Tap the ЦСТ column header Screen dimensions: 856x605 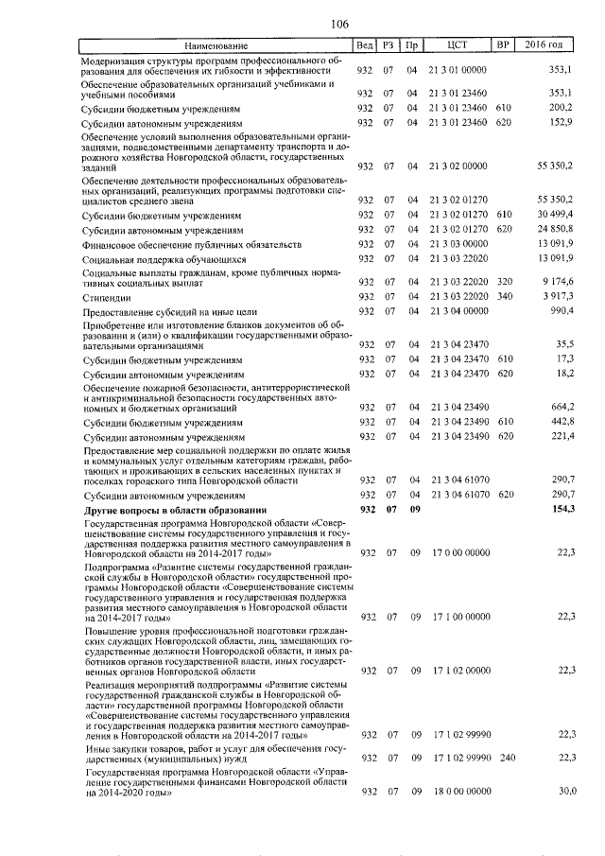(458, 45)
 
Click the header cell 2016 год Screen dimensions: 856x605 (549, 45)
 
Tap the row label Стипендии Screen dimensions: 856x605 (104, 297)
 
